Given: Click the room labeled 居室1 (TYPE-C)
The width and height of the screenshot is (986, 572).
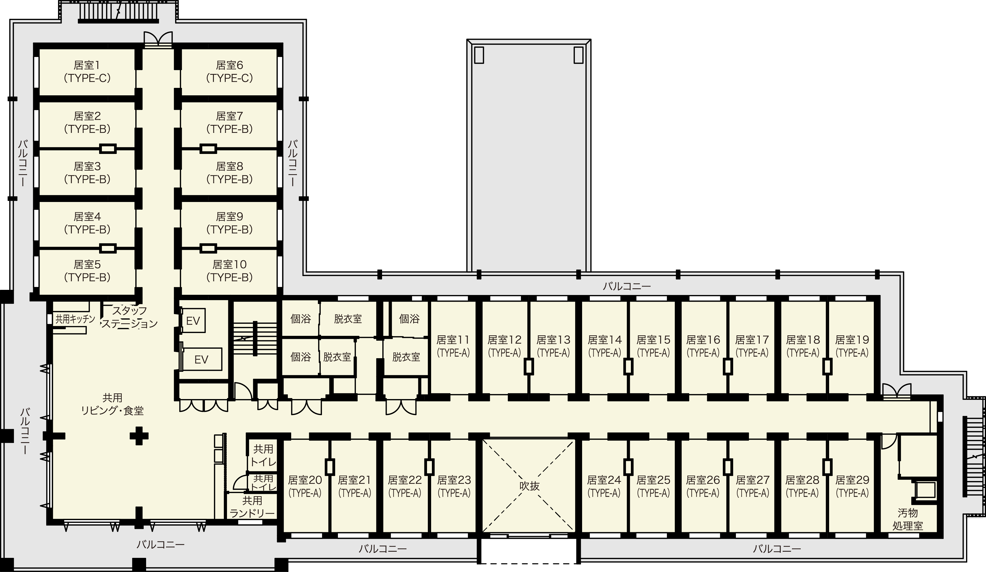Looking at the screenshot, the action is tap(87, 72).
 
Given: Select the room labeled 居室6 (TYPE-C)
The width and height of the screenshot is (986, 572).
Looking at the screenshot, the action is tap(229, 72).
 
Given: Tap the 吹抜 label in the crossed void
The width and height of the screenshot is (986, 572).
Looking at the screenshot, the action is tap(529, 486).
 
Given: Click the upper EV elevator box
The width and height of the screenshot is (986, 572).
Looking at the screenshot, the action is tap(193, 321).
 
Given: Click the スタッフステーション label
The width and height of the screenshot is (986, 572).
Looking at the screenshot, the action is tap(129, 317).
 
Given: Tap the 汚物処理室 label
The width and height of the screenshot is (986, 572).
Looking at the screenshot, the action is tap(908, 519).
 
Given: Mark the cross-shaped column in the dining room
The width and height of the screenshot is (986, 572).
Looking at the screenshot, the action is tap(139, 436).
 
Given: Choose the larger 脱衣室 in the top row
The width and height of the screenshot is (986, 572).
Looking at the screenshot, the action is tap(348, 318).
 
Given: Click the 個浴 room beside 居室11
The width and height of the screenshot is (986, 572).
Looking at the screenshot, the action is tap(409, 318).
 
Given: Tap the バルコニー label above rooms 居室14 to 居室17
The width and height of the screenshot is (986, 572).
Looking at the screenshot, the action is tap(627, 286).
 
